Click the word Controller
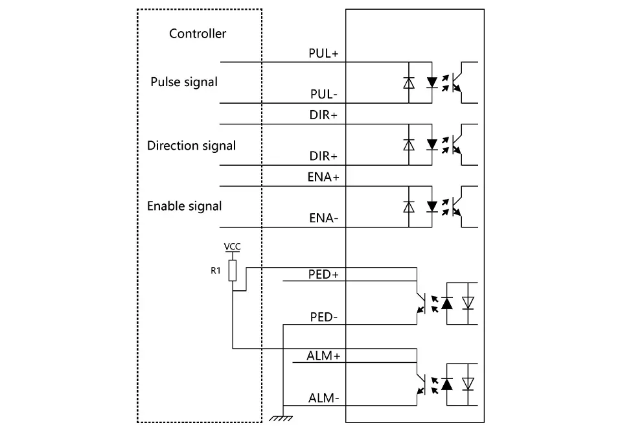tap(198, 34)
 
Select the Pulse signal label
tap(184, 82)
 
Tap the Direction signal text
tap(191, 145)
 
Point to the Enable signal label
tap(184, 206)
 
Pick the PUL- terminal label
tap(323, 95)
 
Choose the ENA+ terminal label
tap(323, 177)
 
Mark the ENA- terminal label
tap(323, 218)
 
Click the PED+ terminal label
tap(323, 274)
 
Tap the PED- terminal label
tap(323, 317)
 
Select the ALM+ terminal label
tap(323, 356)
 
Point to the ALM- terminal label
tap(323, 398)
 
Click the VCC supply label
tap(232, 247)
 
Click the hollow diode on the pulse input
tap(408, 82)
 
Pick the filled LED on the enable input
tap(432, 207)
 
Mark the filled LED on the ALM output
tap(446, 384)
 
